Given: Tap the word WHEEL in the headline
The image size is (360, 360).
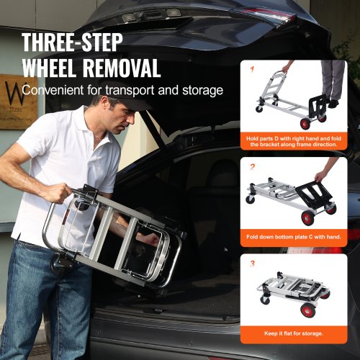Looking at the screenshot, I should pyautogui.click(x=55, y=69).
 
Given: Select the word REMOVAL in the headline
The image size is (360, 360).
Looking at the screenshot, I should pyautogui.click(x=127, y=69).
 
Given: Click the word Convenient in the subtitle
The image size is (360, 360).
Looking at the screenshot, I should pyautogui.click(x=55, y=91).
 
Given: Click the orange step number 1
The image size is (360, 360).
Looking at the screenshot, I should pyautogui.click(x=252, y=70).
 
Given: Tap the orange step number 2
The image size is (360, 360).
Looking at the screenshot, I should pyautogui.click(x=252, y=166).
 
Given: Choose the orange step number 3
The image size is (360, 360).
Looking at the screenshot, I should pyautogui.click(x=252, y=264).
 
